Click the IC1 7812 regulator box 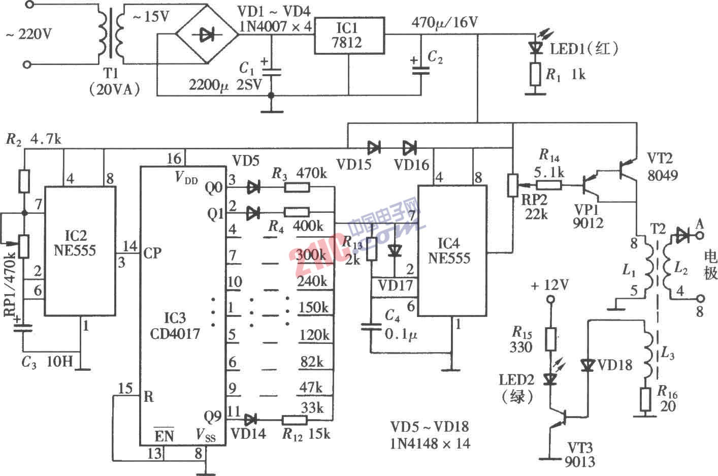click(348, 36)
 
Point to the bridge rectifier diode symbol click(207, 35)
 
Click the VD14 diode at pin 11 click(249, 420)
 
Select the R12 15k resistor click(295, 420)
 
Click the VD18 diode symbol click(588, 365)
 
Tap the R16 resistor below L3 click(646, 399)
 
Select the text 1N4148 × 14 click(430, 443)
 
